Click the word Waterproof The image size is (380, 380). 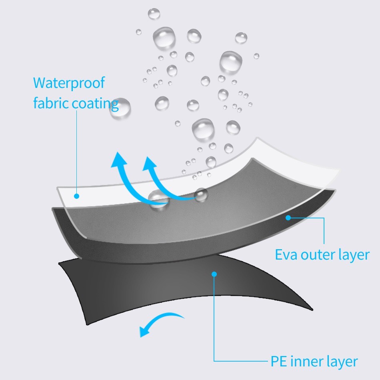[x=69, y=83]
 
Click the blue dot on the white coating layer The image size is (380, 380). [x=76, y=196]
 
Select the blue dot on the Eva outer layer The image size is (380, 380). [x=288, y=218]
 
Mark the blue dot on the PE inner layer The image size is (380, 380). [x=214, y=274]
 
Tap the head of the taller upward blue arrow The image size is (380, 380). [x=119, y=160]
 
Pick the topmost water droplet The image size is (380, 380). [x=154, y=14]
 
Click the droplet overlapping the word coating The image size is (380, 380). [x=120, y=108]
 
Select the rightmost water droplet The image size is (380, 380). [x=256, y=56]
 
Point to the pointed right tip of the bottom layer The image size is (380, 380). [x=312, y=309]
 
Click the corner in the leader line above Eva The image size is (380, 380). [x=324, y=218]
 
